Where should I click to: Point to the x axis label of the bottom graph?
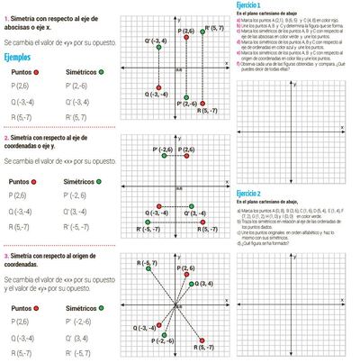tap(227, 300)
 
